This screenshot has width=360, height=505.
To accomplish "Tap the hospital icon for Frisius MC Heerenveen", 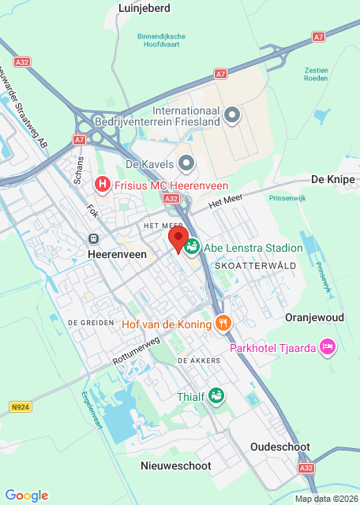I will click(102, 185).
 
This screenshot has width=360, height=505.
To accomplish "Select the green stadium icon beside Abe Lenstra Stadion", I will click(192, 247).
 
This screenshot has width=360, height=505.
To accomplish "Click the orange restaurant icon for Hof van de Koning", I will click(223, 324).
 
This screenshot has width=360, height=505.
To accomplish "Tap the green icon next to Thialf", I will click(216, 395).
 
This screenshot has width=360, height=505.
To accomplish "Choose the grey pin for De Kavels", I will click(186, 163).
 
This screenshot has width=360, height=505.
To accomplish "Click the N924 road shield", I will click(21, 407).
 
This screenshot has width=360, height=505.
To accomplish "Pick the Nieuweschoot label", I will click(175, 466).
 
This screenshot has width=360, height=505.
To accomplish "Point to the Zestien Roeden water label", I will click(317, 74).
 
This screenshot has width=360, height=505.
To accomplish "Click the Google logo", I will click(27, 495).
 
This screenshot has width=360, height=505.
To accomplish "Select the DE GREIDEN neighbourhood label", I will click(87, 323).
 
